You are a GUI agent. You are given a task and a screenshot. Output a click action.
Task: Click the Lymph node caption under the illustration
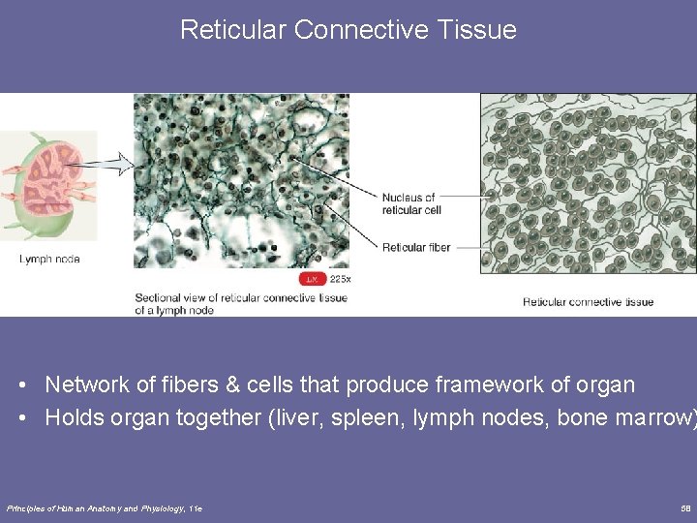48,259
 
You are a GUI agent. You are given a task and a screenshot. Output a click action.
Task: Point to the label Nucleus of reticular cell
408,203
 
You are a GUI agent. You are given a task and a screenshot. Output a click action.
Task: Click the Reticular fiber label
416,247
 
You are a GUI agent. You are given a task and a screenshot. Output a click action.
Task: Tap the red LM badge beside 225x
312,279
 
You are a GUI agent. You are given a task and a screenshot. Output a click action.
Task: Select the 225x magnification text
340,279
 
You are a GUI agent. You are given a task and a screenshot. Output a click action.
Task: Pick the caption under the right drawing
588,302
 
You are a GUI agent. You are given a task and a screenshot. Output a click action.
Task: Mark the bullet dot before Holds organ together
21,418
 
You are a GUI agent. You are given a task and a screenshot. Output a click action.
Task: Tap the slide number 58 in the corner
685,508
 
